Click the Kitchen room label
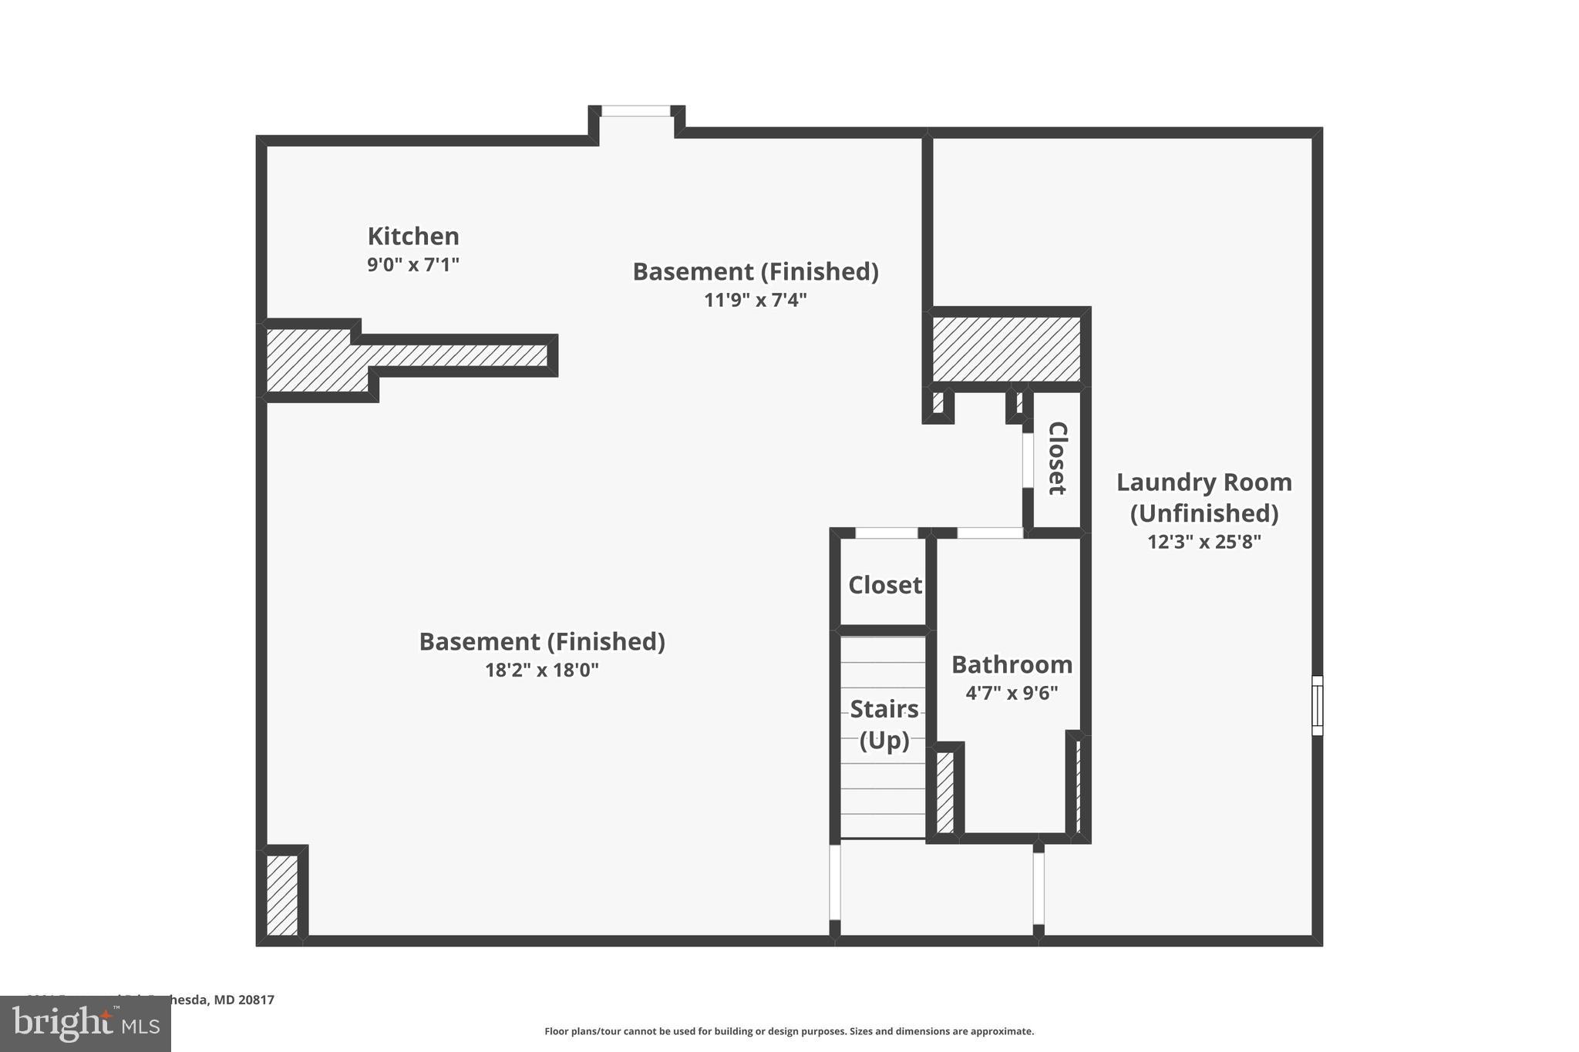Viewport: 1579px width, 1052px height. pyautogui.click(x=413, y=236)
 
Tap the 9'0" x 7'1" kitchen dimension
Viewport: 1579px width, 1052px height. pyautogui.click(x=413, y=264)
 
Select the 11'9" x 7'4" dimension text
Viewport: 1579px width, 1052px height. pyautogui.click(x=755, y=300)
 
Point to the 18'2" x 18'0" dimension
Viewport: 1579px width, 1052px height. pyautogui.click(x=541, y=670)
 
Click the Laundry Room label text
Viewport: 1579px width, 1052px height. pyautogui.click(x=1204, y=497)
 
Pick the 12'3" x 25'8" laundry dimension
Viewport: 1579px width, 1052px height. pyautogui.click(x=1204, y=542)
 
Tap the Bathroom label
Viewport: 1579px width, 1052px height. pyautogui.click(x=1012, y=664)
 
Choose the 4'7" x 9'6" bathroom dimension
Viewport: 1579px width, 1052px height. pyautogui.click(x=1012, y=693)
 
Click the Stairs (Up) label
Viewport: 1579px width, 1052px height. pyautogui.click(x=884, y=724)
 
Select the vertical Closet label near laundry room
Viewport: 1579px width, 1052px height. pyautogui.click(x=1057, y=458)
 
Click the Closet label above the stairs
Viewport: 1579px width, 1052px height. pyautogui.click(x=884, y=585)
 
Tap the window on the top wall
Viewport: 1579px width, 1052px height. pyautogui.click(x=635, y=112)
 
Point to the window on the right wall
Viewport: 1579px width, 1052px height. pyautogui.click(x=1317, y=705)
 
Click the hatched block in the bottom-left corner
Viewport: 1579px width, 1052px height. pyautogui.click(x=282, y=895)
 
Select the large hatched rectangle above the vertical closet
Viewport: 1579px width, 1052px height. pyautogui.click(x=1006, y=349)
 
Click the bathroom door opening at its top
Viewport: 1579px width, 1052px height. pyautogui.click(x=990, y=533)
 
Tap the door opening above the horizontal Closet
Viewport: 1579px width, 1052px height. pyautogui.click(x=887, y=533)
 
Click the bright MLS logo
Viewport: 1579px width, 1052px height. pyautogui.click(x=86, y=1024)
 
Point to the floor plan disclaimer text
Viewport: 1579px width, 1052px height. pyautogui.click(x=789, y=1031)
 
